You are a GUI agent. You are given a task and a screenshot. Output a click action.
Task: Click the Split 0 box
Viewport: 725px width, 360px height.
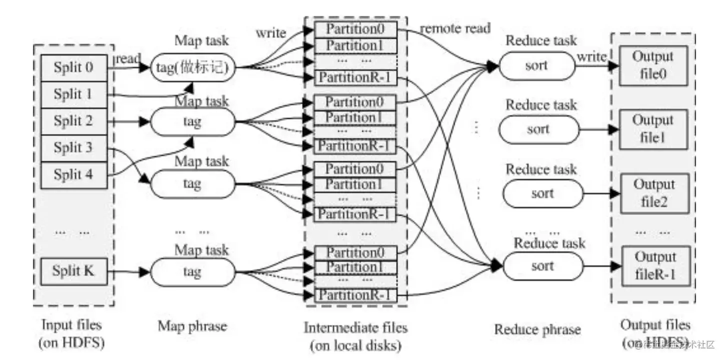tap(74, 67)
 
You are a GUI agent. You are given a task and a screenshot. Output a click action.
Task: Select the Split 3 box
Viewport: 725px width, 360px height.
tap(74, 148)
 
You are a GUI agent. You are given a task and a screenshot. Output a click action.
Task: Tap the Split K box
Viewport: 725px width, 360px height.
tap(74, 271)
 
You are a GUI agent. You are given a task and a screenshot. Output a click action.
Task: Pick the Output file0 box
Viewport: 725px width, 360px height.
tap(653, 65)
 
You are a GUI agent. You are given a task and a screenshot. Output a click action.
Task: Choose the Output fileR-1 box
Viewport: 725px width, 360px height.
tap(655, 265)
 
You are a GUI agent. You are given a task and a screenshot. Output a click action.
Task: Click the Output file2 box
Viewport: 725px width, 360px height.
tap(654, 193)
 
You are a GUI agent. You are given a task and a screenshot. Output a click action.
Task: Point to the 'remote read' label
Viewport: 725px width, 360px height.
tap(455, 28)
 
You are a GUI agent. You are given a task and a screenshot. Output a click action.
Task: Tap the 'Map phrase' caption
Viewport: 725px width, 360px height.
tap(192, 326)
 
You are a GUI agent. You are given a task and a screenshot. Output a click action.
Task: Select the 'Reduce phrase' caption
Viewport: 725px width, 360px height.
tap(537, 329)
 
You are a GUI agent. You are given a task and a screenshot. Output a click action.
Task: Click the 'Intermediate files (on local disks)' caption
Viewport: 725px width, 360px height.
tap(355, 336)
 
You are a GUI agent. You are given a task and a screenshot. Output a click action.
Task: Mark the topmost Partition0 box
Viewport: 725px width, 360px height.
tap(355, 28)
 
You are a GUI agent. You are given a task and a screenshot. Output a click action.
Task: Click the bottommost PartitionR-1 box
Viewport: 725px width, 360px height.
tap(355, 295)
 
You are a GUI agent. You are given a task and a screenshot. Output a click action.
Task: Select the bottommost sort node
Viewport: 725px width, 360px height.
tap(542, 266)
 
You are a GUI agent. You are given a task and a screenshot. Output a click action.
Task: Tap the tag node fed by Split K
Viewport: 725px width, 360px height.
tap(192, 272)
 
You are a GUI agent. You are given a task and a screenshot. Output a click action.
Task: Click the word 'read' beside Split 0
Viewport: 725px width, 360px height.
tap(128, 59)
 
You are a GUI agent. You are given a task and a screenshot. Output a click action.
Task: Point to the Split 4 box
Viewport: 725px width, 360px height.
tap(74, 175)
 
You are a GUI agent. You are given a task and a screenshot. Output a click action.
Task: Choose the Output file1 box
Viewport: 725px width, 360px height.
tap(653, 129)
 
